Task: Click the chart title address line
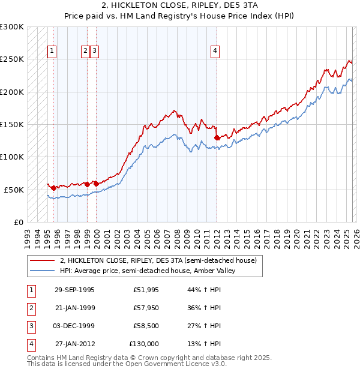(180, 5)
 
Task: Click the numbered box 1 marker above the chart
(53, 52)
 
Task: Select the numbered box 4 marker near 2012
(215, 52)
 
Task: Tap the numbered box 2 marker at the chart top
(86, 52)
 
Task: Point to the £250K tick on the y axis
(12, 59)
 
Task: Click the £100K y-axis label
(12, 157)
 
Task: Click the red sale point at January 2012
(217, 137)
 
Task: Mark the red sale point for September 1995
(54, 188)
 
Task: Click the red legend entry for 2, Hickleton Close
(158, 260)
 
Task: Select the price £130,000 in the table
(144, 344)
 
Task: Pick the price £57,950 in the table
(146, 308)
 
